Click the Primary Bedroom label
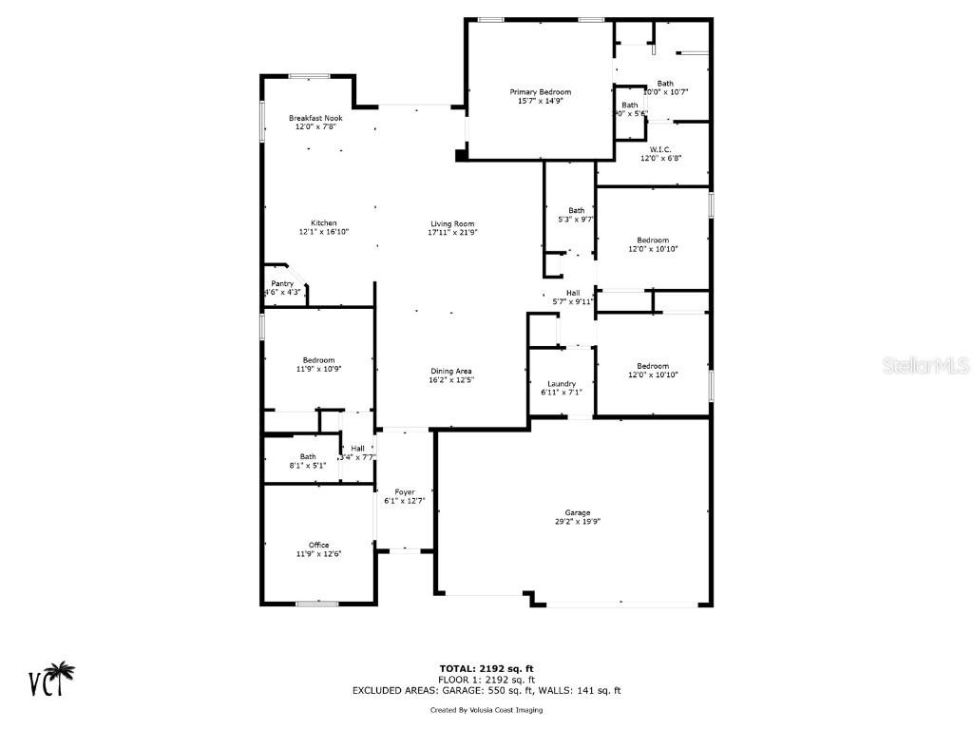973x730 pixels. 541,91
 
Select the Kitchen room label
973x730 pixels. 311,223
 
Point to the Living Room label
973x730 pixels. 452,223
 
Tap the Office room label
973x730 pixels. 318,545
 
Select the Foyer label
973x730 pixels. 405,491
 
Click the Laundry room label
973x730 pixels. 562,383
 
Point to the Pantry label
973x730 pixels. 282,283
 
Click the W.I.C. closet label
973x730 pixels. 661,149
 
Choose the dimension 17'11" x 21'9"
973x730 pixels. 452,232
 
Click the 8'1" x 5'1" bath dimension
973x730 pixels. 308,465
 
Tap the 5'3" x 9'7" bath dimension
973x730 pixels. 577,220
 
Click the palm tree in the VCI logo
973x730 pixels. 64,676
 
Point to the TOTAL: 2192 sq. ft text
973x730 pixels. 486,668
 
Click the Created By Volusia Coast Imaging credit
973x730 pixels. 486,710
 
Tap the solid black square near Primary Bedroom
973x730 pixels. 462,154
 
